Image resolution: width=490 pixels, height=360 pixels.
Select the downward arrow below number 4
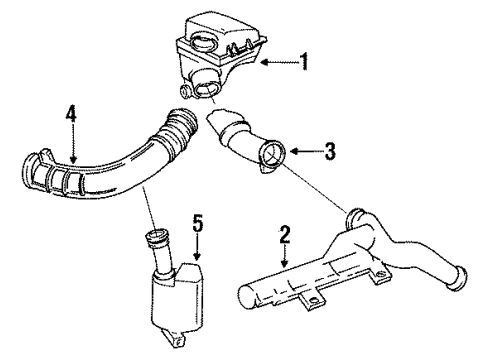click(x=72, y=145)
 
